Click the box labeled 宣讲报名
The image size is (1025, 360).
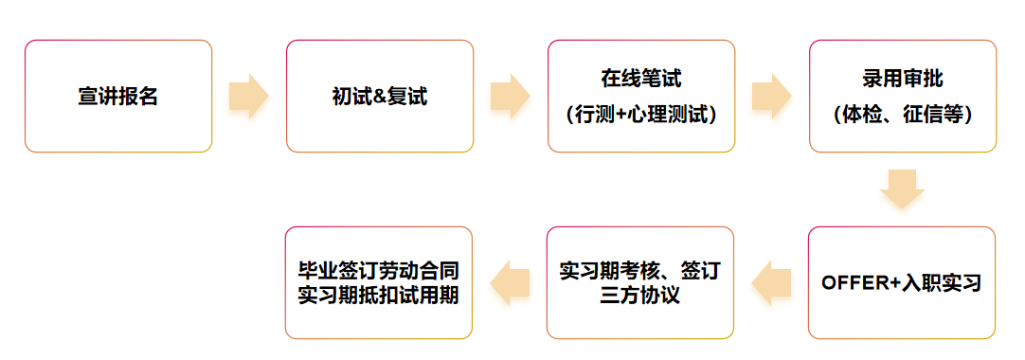118,96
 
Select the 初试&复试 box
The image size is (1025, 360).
379,96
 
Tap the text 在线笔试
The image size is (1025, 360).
641,78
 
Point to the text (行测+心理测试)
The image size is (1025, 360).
641,115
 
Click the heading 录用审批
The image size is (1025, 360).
903,78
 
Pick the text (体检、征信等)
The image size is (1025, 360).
903,115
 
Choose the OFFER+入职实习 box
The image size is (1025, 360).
902,282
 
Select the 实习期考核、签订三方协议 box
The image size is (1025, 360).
641,282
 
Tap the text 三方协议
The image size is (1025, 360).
641,296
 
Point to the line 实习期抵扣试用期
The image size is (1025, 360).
379,296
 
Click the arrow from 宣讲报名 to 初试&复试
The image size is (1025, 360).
248,96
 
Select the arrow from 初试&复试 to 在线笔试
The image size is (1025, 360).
510,96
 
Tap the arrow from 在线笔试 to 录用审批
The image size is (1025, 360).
771,96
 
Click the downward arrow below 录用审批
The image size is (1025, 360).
902,189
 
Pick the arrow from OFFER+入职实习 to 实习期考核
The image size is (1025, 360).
771,282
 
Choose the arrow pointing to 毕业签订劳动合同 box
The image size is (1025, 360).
510,282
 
